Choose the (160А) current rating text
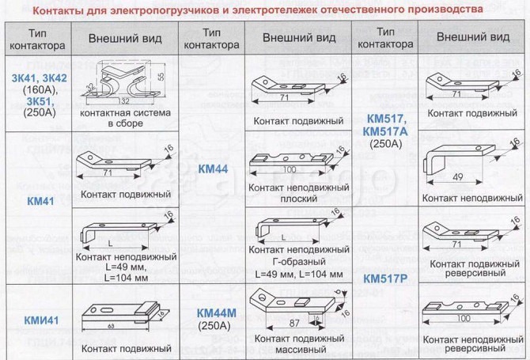click(37, 89)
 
